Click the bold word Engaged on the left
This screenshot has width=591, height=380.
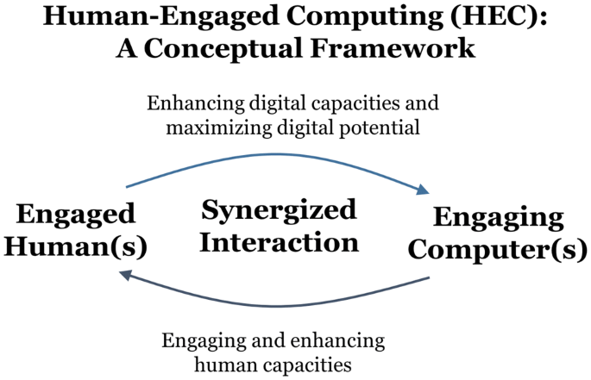coord(75,214)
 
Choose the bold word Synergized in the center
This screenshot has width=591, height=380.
coord(279,209)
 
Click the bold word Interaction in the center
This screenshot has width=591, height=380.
coord(279,242)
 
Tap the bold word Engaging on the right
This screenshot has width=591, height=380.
coord(499,216)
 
